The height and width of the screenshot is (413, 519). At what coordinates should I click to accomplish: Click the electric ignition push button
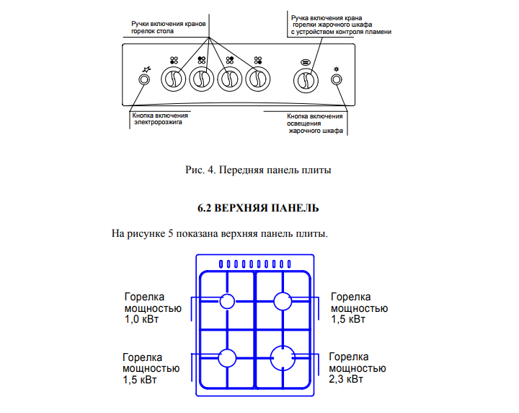click(x=143, y=79)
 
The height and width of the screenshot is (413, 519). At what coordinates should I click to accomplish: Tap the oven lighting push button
click(x=337, y=79)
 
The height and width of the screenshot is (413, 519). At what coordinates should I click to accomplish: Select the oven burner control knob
click(x=306, y=80)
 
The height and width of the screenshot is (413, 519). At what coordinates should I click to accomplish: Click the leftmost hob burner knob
click(x=174, y=79)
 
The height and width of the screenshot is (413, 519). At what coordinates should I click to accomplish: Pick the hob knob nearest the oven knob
click(x=258, y=79)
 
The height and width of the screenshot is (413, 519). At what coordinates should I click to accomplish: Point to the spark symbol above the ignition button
click(x=146, y=69)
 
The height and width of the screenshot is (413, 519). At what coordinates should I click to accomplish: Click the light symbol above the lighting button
click(x=337, y=69)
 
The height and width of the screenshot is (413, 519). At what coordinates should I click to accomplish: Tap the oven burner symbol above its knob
click(x=306, y=62)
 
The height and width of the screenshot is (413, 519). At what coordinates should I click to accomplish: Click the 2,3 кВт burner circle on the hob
click(x=283, y=358)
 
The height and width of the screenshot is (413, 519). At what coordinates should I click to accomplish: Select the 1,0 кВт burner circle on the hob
click(x=227, y=301)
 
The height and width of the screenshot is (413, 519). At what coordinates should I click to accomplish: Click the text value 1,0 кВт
click(x=141, y=320)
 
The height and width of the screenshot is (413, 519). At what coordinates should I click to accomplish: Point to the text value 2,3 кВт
click(x=346, y=379)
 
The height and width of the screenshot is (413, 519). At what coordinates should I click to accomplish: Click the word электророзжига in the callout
click(x=158, y=122)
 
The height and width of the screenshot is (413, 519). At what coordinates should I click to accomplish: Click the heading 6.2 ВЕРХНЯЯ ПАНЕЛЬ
click(x=258, y=208)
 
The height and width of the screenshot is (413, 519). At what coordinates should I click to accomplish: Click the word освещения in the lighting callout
click(x=304, y=123)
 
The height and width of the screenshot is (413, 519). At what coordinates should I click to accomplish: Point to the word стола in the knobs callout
click(x=165, y=32)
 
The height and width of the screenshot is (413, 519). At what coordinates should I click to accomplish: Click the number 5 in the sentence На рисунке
click(x=170, y=234)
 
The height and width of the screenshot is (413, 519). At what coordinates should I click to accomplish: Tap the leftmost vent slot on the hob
click(x=221, y=264)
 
